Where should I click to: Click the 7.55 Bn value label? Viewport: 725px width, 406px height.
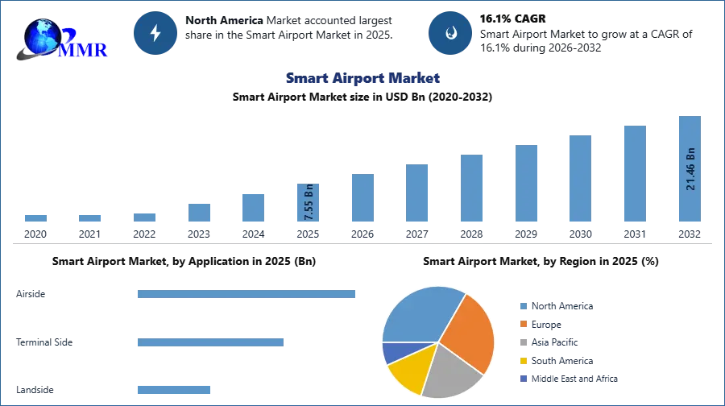309,203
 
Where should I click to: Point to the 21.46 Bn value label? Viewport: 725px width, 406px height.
690,169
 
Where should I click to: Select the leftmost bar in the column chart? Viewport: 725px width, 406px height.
35,219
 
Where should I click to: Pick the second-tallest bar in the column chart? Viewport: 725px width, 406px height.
634,173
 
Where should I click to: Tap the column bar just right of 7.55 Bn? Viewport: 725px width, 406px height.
361,199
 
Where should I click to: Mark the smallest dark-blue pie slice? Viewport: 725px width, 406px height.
395,351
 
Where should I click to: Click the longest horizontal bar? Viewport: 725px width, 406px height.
247,296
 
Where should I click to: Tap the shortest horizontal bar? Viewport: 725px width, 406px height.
173,387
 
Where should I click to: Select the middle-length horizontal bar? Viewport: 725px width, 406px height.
209,342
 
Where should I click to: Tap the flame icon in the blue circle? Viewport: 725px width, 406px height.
450,33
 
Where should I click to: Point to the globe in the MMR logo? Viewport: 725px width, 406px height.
42,36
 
